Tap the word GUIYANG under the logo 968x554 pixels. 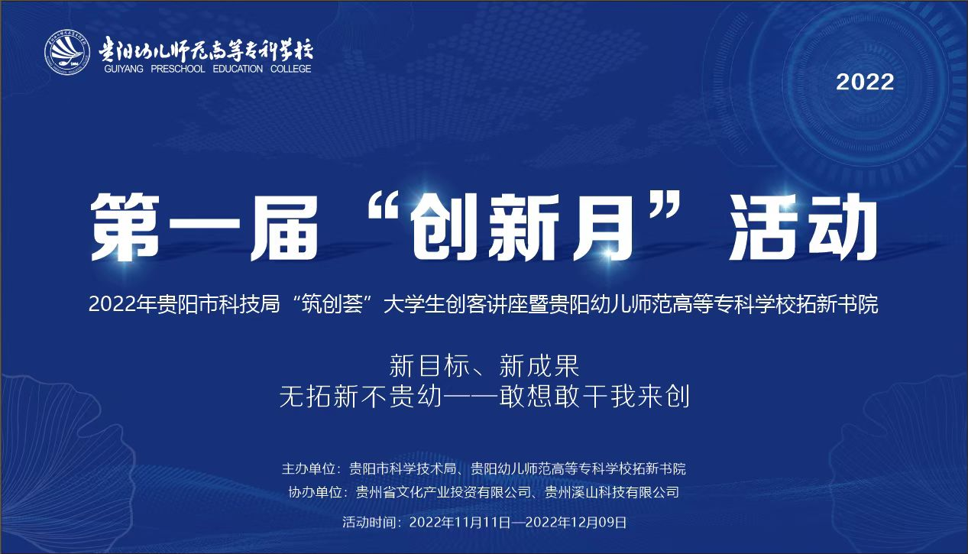pos(124,69)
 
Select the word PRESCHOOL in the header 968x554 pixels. pos(177,69)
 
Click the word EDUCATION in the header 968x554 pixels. pos(238,69)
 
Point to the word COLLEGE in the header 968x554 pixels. pos(291,69)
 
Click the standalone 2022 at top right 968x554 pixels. pos(865,82)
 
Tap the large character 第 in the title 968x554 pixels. pos(125,227)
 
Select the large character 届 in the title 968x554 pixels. pos(285,227)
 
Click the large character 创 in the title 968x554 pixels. pos(445,227)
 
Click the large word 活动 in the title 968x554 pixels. pos(803,227)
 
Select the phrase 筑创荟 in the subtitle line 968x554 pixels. pos(332,304)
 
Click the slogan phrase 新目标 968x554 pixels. pos(429,365)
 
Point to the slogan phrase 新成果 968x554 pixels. pos(539,365)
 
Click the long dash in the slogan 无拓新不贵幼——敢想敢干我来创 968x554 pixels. pos(470,397)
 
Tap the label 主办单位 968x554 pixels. pos(309,469)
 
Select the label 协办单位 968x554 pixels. pos(316,492)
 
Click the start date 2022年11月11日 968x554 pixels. pos(460,523)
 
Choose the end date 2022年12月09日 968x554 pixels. pos(576,523)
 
